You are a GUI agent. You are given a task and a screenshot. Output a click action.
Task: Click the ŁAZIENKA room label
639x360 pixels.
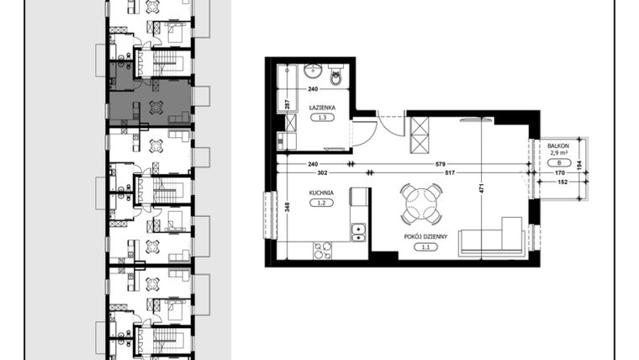click(x=322, y=107)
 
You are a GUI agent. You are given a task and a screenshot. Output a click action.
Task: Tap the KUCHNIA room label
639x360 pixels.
click(x=321, y=193)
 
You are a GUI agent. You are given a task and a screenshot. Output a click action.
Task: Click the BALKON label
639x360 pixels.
click(x=557, y=146)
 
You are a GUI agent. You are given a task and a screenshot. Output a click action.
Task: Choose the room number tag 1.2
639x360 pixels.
click(x=321, y=204)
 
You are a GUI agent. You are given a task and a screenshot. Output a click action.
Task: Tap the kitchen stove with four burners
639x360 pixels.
click(x=322, y=250)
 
